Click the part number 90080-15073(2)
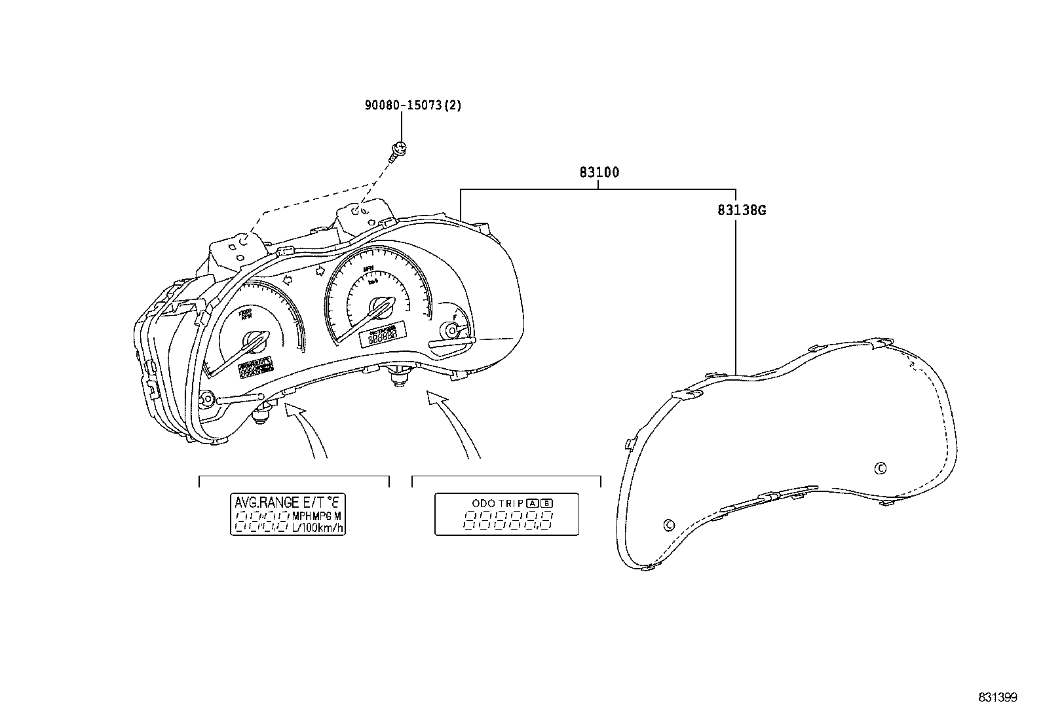pos(413,105)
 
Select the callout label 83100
pos(599,173)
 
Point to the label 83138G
pos(742,210)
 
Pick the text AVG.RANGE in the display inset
pos(266,503)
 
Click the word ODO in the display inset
pos(484,503)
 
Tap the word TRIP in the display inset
pos(511,503)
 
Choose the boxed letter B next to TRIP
pos(547,503)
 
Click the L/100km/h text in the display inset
pos(318,527)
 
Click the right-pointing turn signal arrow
pos(320,270)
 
